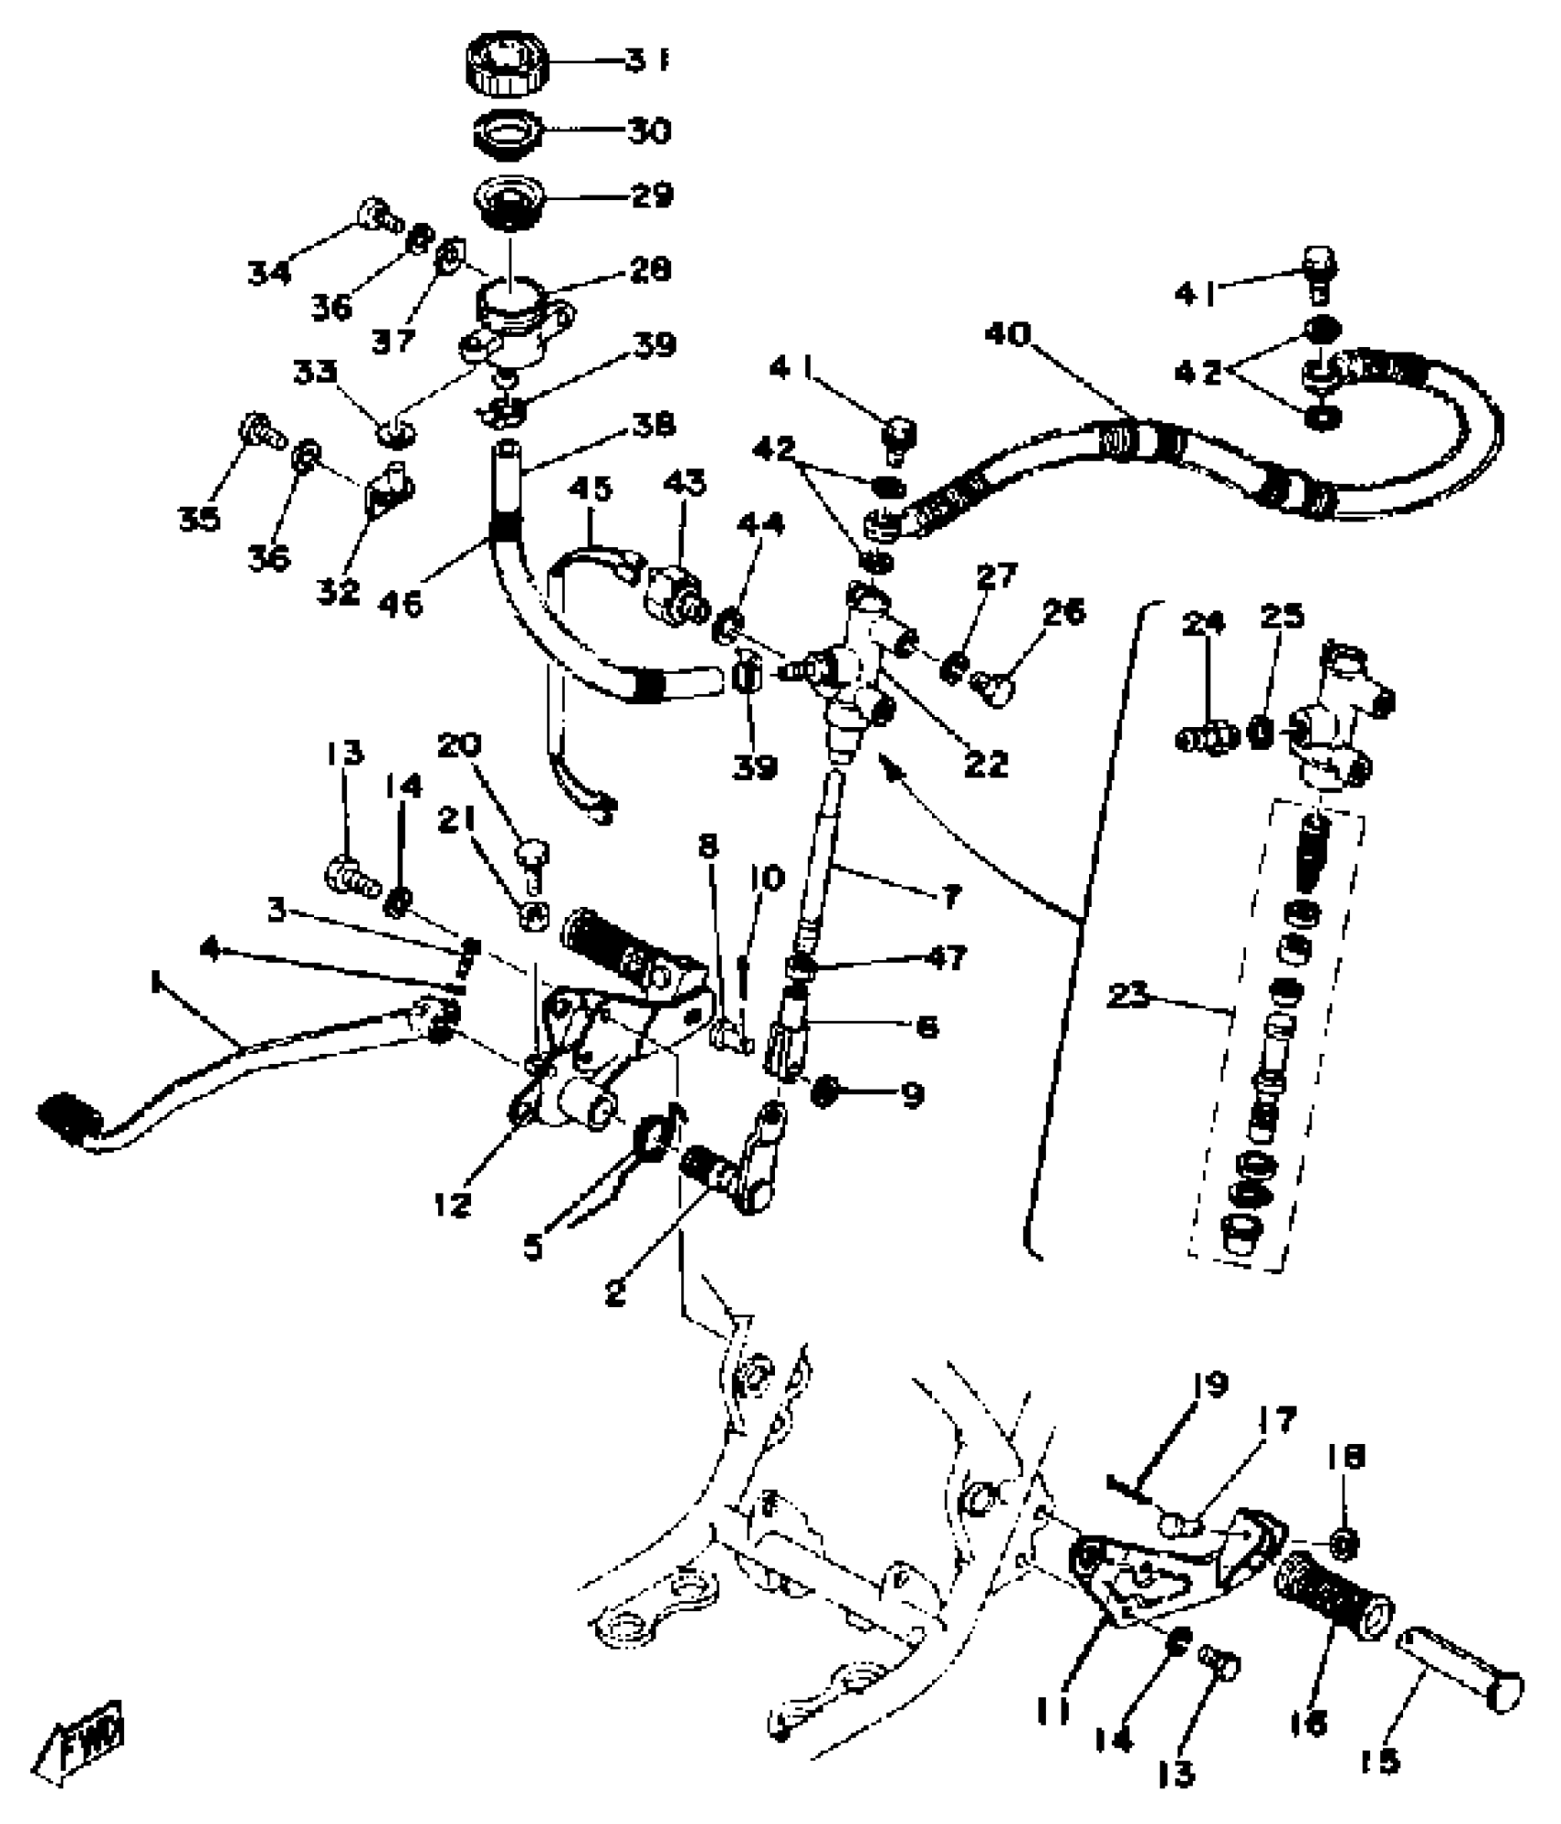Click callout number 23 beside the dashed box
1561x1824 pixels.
point(1129,996)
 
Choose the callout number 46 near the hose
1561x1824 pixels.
point(400,603)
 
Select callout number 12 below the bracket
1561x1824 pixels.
point(454,1204)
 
